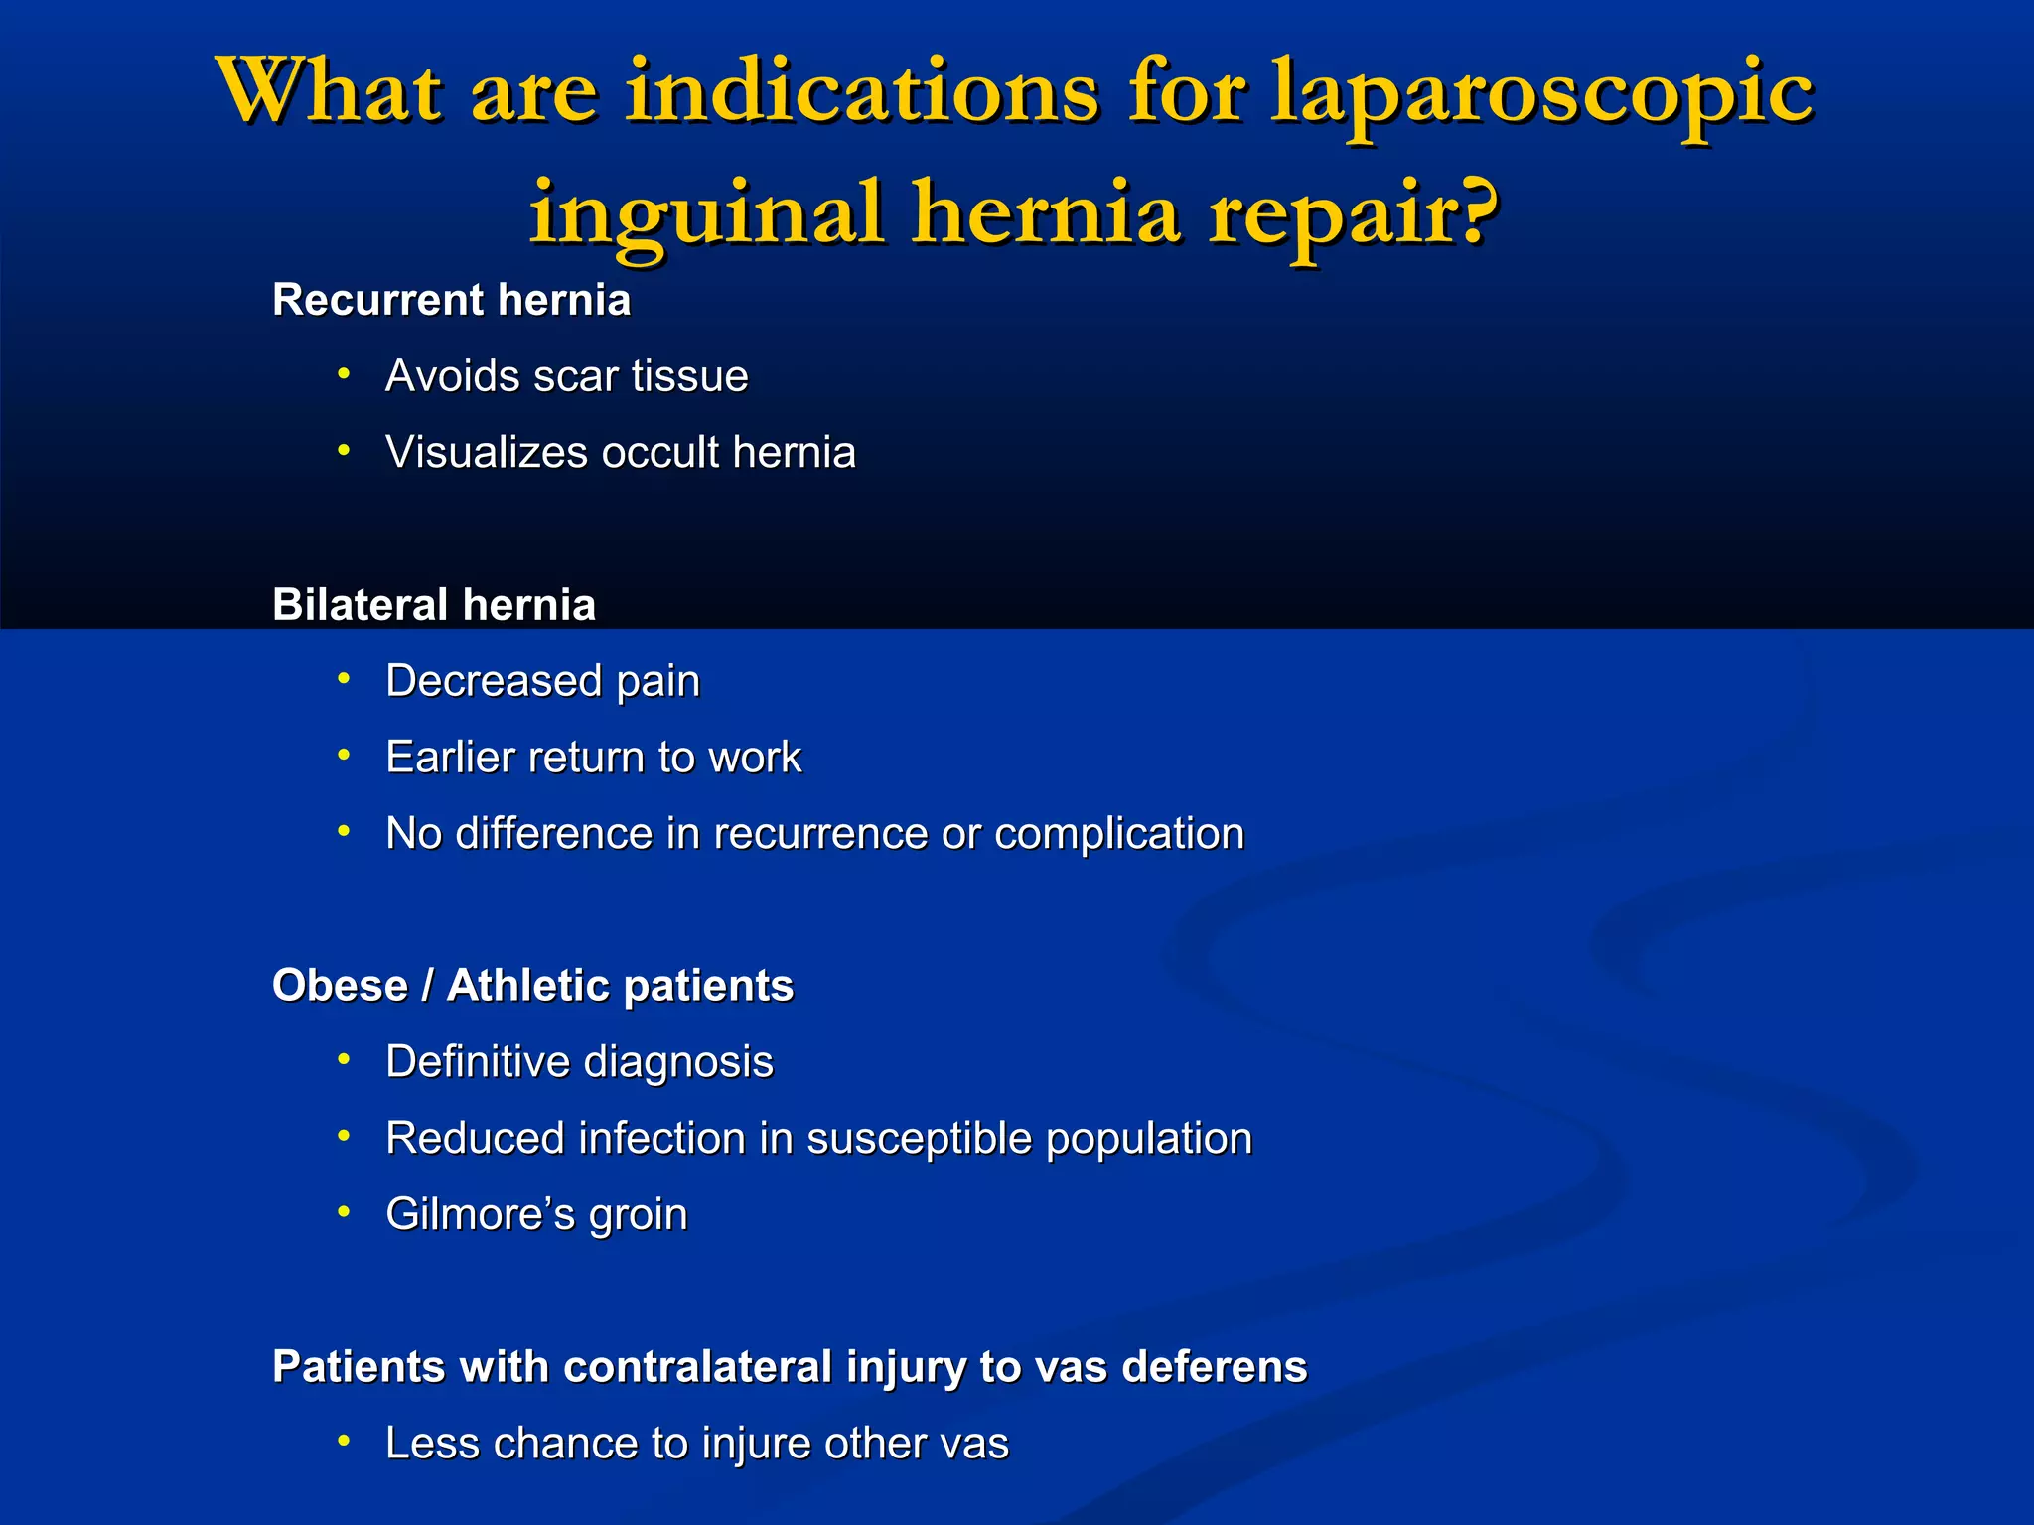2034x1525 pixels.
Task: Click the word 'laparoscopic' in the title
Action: tap(1542, 95)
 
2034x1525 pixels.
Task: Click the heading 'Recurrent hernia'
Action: tap(452, 300)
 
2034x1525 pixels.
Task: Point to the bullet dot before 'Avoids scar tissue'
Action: tap(344, 374)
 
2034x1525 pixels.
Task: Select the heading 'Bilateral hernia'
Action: tap(434, 605)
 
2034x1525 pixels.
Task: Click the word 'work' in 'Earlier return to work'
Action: tap(754, 758)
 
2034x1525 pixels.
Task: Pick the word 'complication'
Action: tap(1119, 834)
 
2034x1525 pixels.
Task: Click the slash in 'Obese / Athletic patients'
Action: tap(427, 986)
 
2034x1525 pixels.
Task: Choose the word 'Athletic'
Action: tap(527, 986)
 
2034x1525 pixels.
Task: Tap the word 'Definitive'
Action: tap(476, 1062)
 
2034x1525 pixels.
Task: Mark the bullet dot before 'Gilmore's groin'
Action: tap(344, 1212)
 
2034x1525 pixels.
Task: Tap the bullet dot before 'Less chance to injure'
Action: tap(344, 1441)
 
